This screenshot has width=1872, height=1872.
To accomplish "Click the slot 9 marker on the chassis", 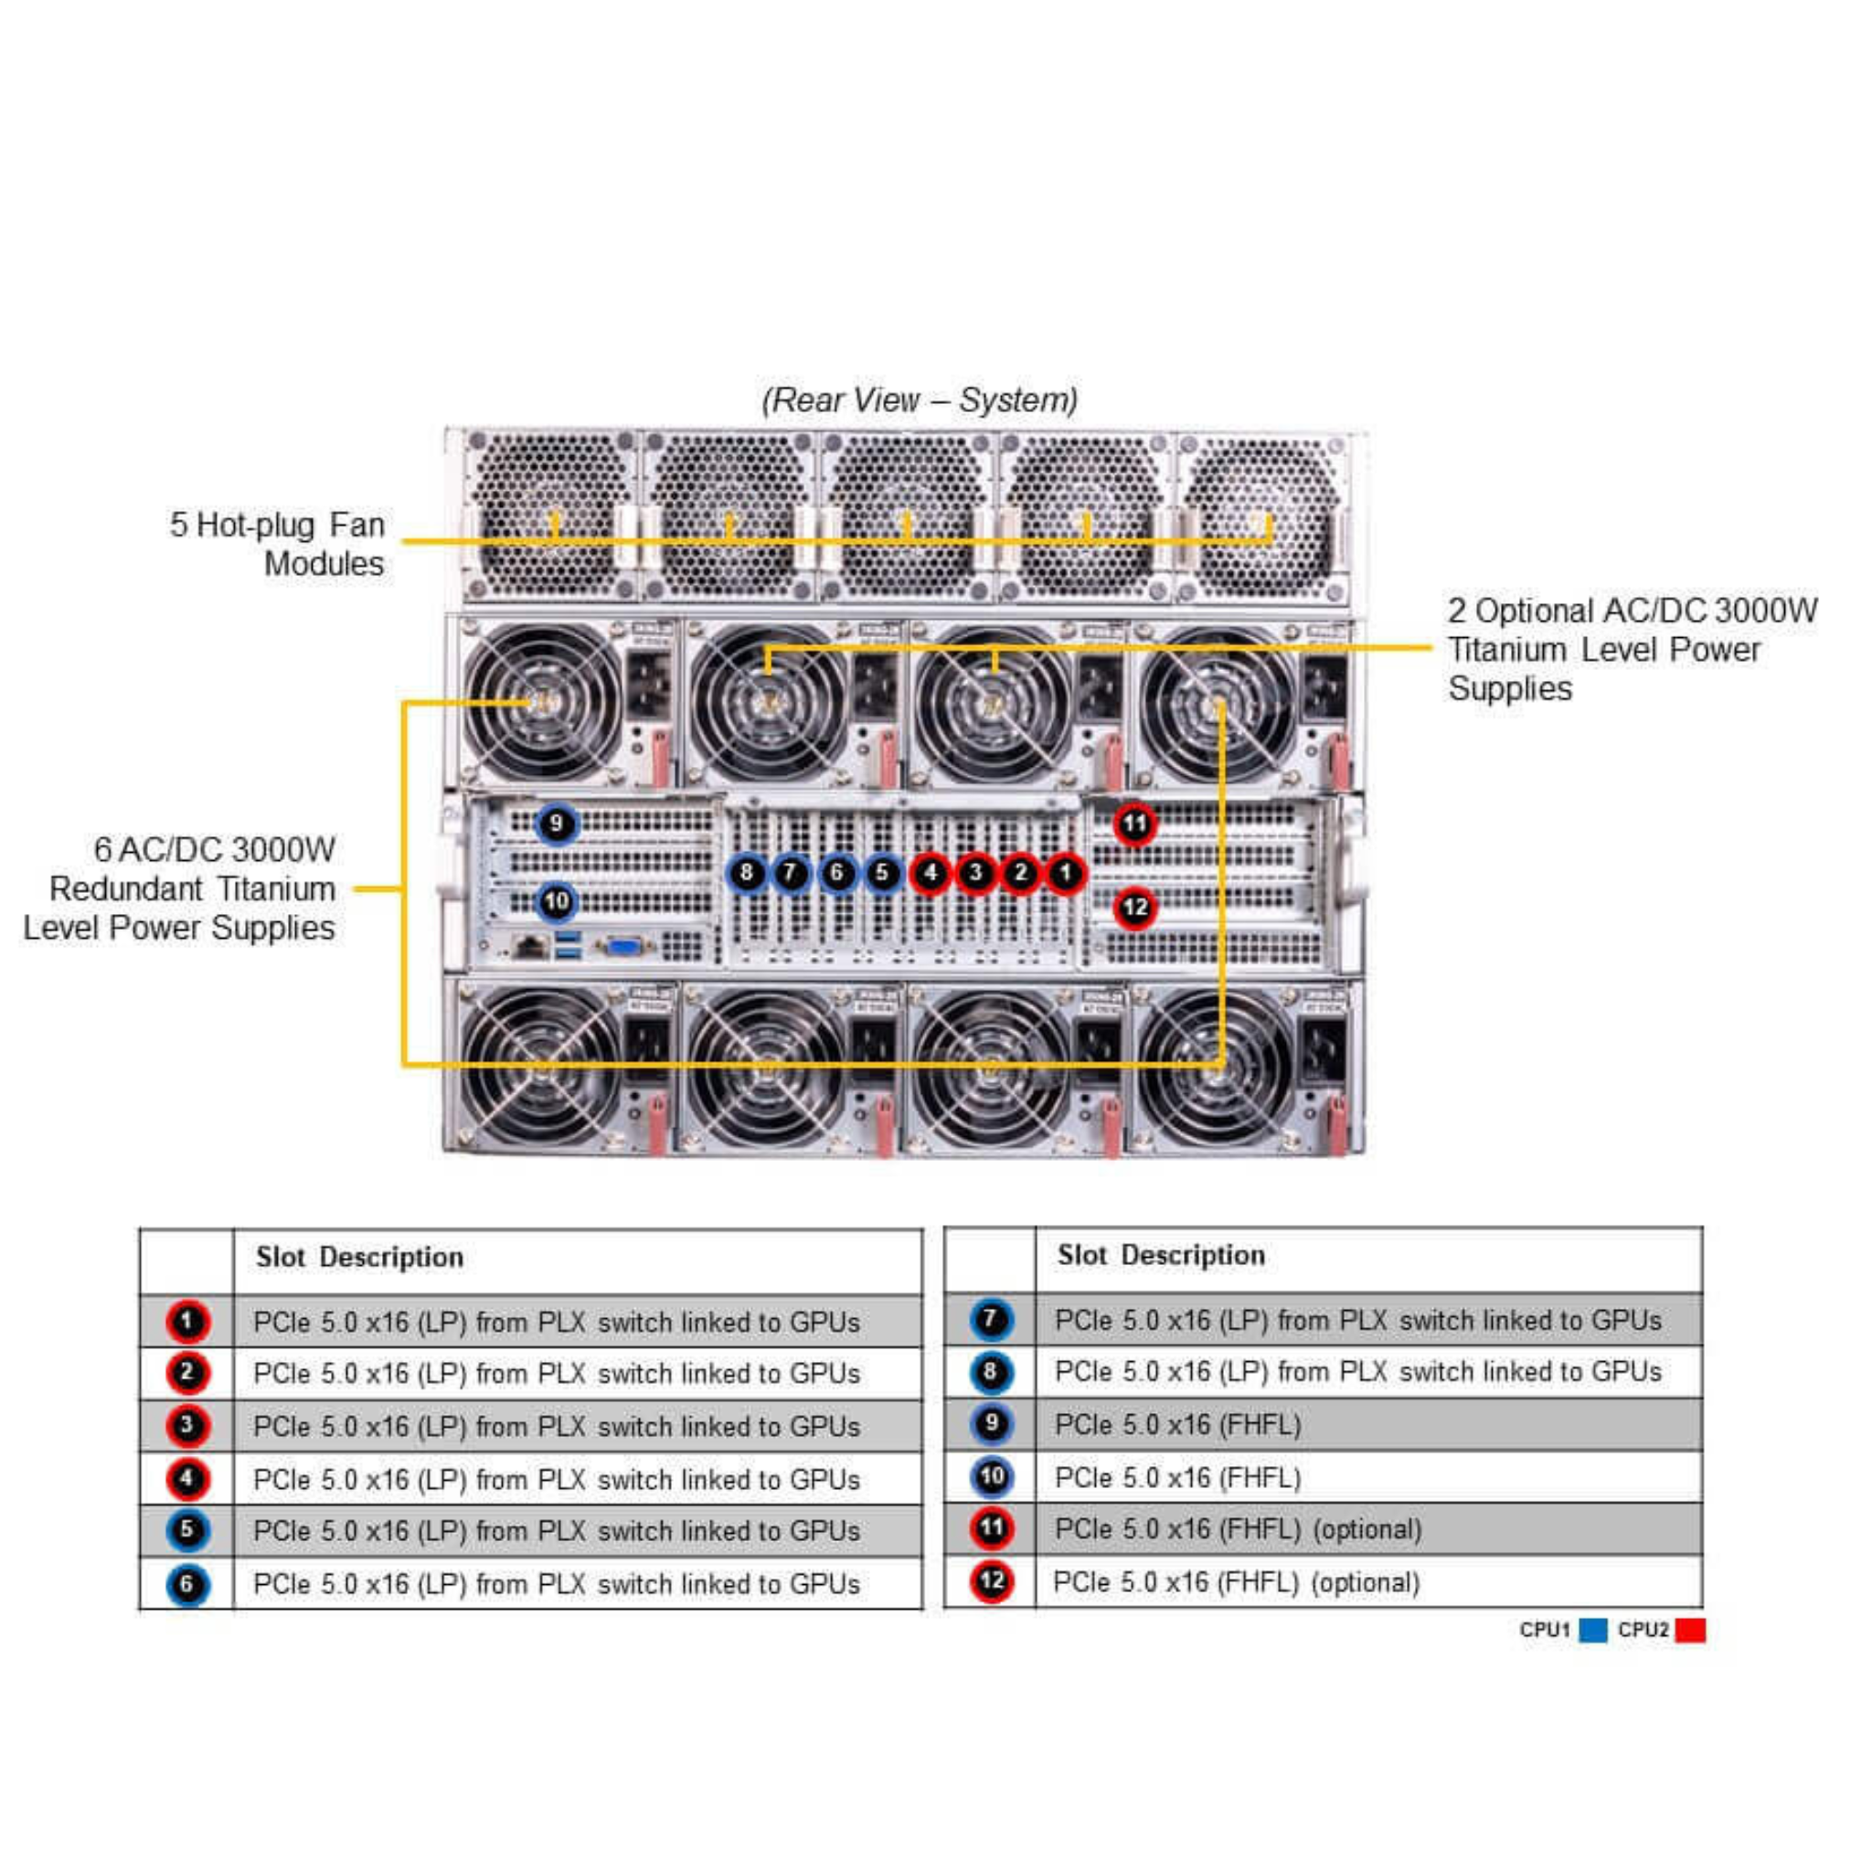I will [x=556, y=824].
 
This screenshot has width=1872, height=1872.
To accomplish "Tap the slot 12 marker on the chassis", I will [x=1134, y=908].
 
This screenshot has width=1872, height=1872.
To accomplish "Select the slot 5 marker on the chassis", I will [x=883, y=873].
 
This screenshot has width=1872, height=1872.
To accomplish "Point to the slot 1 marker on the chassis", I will [x=1065, y=873].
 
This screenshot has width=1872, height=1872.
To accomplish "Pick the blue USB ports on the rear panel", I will [x=569, y=946].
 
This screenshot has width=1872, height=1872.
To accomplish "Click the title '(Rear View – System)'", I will [x=920, y=399].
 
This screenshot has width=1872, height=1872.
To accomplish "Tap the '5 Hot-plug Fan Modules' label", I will [x=278, y=544].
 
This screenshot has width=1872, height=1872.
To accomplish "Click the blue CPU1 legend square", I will [x=1592, y=1630].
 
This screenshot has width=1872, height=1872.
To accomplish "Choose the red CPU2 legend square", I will [x=1690, y=1630].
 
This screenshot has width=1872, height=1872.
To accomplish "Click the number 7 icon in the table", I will [x=990, y=1320].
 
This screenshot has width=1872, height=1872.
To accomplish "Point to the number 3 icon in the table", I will [x=187, y=1425].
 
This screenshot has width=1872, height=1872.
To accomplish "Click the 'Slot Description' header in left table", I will [x=359, y=1258].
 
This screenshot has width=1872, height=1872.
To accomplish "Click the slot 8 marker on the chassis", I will [x=746, y=873].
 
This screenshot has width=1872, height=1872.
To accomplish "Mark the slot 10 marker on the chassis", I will [x=556, y=902].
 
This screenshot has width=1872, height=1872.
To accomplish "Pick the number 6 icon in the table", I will [x=187, y=1584].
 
